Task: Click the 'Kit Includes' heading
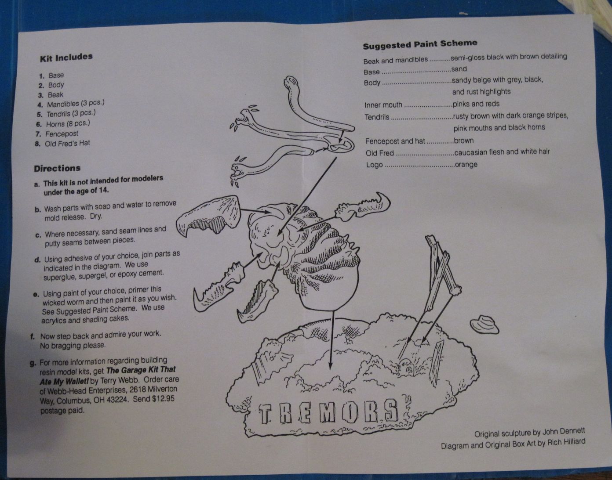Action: point(66,58)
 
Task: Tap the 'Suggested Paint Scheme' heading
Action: point(420,44)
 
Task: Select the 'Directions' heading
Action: point(57,169)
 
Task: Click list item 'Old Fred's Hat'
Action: point(67,143)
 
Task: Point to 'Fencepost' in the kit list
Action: point(62,134)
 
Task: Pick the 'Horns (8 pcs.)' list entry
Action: point(68,123)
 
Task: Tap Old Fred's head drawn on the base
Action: point(405,367)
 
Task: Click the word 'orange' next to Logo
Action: point(466,164)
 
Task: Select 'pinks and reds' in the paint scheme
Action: point(476,104)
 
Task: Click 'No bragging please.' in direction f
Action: point(73,345)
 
